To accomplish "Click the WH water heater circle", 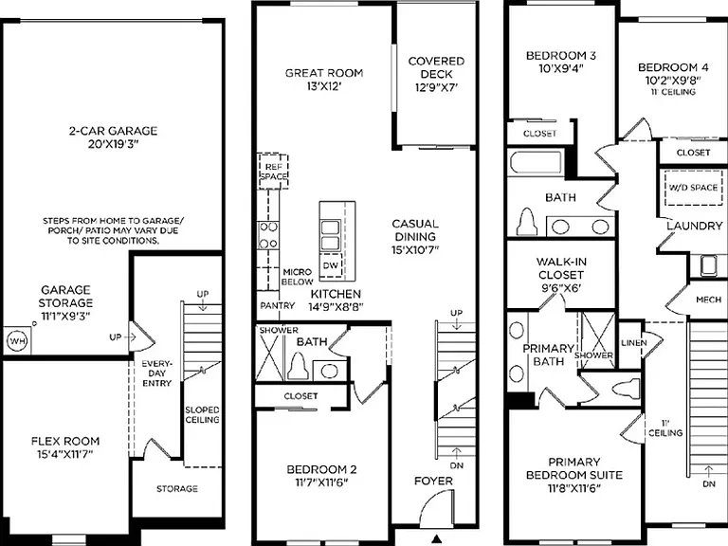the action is tap(18, 341).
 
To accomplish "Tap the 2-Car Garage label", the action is tap(114, 131).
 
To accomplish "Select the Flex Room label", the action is tap(65, 441).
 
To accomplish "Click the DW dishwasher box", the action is tap(331, 265).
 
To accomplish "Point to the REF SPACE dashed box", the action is tap(273, 172).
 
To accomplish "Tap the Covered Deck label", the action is tap(436, 68).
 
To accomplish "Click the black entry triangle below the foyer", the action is tap(436, 538).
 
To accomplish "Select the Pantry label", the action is tap(277, 305).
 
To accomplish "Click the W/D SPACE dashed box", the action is tap(694, 188).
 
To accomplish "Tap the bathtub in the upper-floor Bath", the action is tap(537, 162).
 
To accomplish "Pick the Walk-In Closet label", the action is tap(561, 268).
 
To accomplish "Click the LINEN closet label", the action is tap(634, 342).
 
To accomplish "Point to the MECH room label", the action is tap(708, 300).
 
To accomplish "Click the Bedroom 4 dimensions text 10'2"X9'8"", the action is tap(673, 81).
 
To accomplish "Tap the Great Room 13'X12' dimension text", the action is tap(323, 86).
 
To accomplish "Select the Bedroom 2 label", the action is tap(321, 469).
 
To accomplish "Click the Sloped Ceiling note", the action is tap(202, 414).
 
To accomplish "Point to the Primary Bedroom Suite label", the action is tap(574, 468).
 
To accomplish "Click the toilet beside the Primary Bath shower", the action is tap(625, 389).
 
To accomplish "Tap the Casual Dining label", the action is tap(415, 229).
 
